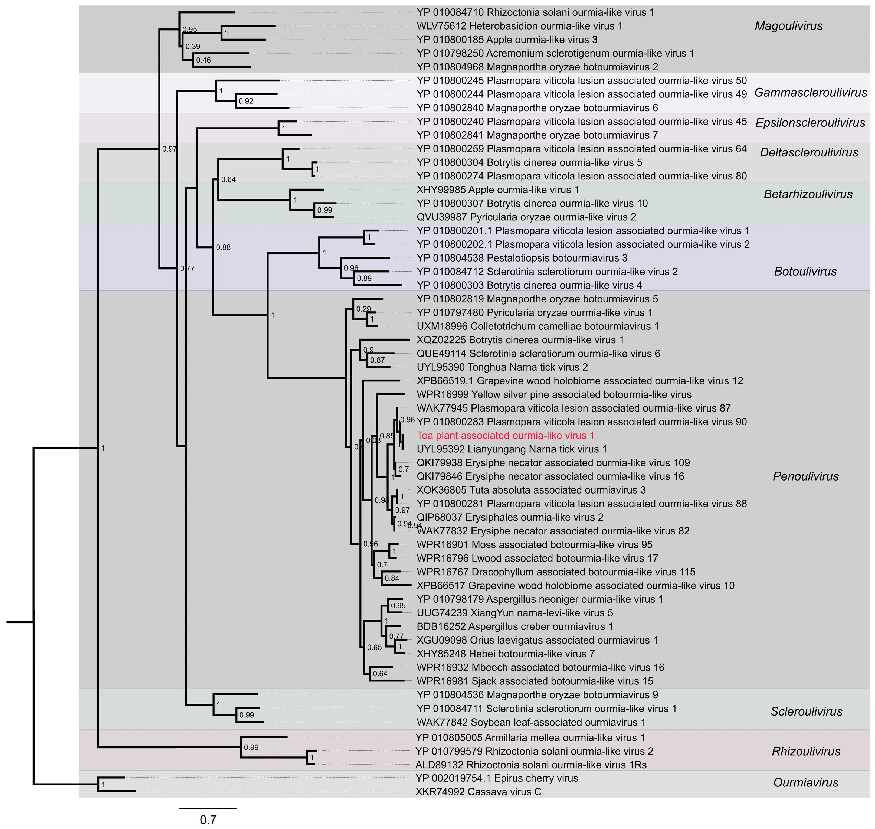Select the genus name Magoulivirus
[788, 26]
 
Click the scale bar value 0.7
[208, 820]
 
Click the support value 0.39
[193, 46]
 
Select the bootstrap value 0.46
[203, 60]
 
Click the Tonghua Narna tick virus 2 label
[502, 367]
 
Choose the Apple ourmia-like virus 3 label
[507, 40]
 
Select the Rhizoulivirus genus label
[806, 751]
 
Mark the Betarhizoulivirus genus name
[808, 194]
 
